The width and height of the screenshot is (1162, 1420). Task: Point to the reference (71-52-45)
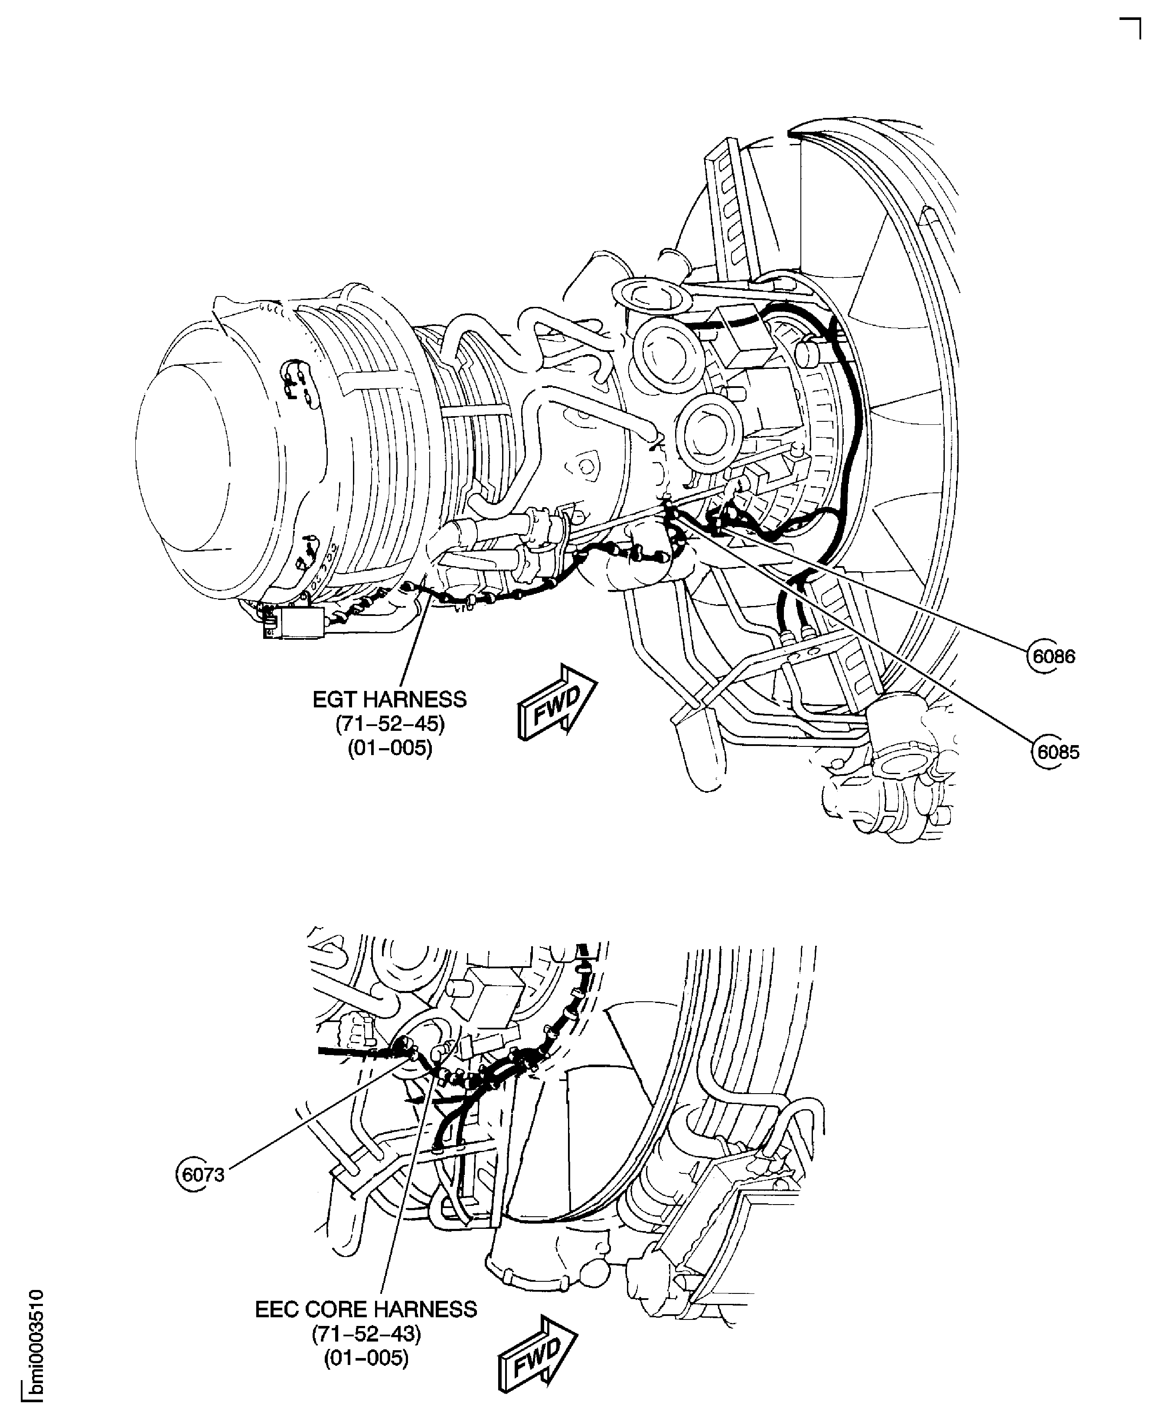point(389,724)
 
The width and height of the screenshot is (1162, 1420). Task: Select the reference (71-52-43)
point(366,1334)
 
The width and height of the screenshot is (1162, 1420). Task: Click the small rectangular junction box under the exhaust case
point(294,623)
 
